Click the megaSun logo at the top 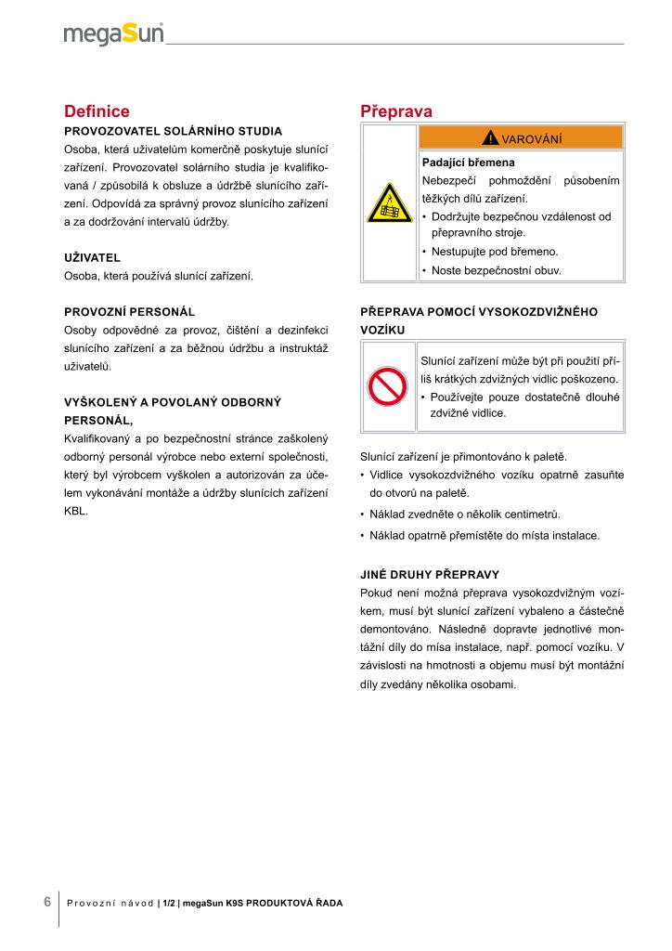click(113, 34)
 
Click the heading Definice click(97, 111)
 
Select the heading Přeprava click(395, 111)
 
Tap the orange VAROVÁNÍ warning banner click(521, 138)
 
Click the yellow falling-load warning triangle click(390, 202)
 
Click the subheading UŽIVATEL click(92, 256)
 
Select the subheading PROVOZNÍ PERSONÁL click(129, 311)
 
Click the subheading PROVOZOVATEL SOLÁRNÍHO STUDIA click(173, 131)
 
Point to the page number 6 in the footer click(46, 901)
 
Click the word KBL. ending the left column click(76, 510)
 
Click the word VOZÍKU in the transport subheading click(381, 330)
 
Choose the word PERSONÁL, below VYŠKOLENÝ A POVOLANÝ click(98, 420)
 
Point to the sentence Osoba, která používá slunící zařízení click(158, 276)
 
